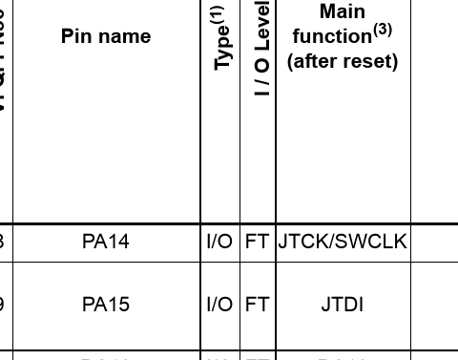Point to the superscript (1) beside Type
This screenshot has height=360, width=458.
(219, 15)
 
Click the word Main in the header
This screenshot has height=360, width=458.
(343, 11)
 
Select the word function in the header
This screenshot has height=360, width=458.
(331, 36)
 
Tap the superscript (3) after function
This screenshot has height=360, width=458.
(383, 30)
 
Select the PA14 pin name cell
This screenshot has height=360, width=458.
(105, 242)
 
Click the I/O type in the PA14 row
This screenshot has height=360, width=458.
(219, 242)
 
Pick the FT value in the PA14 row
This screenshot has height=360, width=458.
(257, 242)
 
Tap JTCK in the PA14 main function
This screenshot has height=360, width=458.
(302, 242)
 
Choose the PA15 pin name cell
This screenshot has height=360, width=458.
(105, 305)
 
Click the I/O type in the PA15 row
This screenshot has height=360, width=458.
(219, 305)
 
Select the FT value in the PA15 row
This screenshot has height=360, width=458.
(257, 305)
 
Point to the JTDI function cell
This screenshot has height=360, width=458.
(343, 305)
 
